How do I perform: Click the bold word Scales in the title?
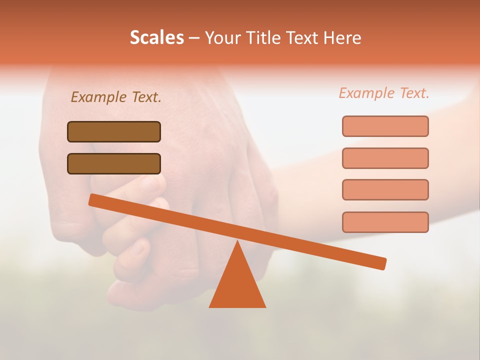156,37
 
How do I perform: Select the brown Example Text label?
116,97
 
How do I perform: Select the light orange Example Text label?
384,93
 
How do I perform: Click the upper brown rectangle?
114,131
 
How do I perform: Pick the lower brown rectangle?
114,163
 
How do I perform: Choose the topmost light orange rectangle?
385,126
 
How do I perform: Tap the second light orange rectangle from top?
385,158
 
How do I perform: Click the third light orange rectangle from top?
385,189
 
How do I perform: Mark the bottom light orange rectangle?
385,222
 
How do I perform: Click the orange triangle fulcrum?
237,285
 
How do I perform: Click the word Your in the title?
223,37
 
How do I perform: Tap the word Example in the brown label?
99,97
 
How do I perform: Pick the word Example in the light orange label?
367,93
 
